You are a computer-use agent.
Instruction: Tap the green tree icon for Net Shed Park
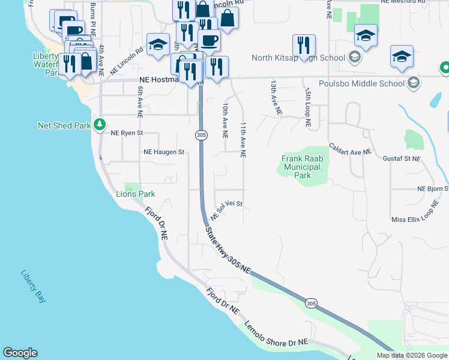click(100, 125)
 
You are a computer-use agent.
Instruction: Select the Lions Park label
click(135, 194)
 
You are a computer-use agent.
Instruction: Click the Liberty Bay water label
click(32, 285)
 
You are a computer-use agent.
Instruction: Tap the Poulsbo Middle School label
click(361, 83)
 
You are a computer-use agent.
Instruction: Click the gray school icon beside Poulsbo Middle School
click(414, 83)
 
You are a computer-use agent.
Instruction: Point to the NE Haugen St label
click(163, 152)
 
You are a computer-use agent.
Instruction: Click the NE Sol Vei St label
click(226, 209)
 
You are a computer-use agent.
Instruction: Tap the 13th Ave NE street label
click(276, 98)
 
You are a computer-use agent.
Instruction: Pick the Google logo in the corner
click(20, 353)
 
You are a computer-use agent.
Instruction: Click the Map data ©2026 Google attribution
click(411, 355)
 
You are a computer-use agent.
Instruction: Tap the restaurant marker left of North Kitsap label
click(304, 46)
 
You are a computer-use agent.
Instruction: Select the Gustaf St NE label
click(401, 158)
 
